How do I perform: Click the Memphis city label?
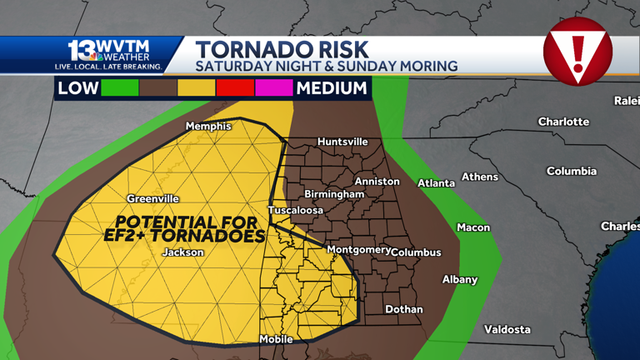(x=208, y=127)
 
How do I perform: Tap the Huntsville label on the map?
(x=342, y=142)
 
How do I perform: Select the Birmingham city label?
(x=334, y=194)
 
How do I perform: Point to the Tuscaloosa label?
(x=295, y=210)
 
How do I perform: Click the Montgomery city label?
(x=358, y=249)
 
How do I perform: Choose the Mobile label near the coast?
(x=276, y=339)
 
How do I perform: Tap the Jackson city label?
(x=182, y=252)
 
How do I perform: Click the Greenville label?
(x=152, y=199)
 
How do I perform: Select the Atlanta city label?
(x=436, y=183)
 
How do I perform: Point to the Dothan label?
(x=404, y=309)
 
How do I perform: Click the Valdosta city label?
(x=507, y=329)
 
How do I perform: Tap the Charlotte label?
(x=563, y=122)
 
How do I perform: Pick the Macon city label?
(x=473, y=227)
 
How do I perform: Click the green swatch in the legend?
(x=120, y=87)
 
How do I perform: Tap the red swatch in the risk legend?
(x=235, y=87)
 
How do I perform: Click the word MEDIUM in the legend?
(x=332, y=87)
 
